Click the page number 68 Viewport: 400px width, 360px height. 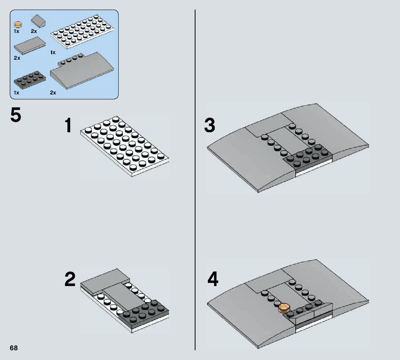pyautogui.click(x=14, y=348)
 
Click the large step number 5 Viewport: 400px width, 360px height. pyautogui.click(x=16, y=116)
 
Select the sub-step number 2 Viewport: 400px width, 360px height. pyautogui.click(x=70, y=280)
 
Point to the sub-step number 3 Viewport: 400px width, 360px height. pyautogui.click(x=210, y=126)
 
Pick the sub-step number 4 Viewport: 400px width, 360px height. pyautogui.click(x=213, y=280)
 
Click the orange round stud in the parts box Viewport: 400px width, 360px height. pyautogui.click(x=18, y=24)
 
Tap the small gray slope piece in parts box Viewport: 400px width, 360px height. pyautogui.click(x=39, y=22)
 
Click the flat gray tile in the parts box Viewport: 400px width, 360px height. pyautogui.click(x=30, y=45)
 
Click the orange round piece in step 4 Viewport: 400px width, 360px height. pyautogui.click(x=284, y=308)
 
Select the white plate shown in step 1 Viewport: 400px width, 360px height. pyautogui.click(x=124, y=146)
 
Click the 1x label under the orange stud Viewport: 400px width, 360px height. pyautogui.click(x=16, y=31)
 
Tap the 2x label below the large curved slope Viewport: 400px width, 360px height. pyautogui.click(x=53, y=93)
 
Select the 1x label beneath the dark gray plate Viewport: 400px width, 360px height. pyautogui.click(x=16, y=93)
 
